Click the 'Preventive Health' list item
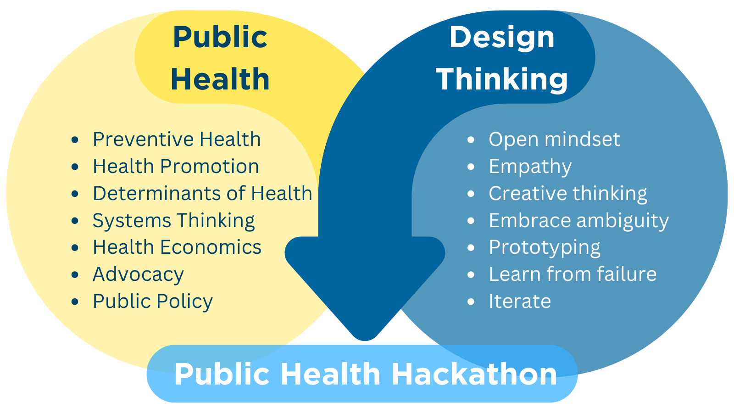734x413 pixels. click(177, 140)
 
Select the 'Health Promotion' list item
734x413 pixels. click(176, 167)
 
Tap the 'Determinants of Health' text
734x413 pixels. click(202, 194)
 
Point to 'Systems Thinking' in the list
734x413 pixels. click(173, 221)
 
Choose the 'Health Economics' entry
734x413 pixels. click(177, 247)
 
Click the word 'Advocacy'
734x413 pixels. click(138, 274)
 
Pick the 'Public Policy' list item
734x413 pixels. click(153, 301)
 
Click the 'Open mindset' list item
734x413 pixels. click(554, 140)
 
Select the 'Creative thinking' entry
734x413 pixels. click(567, 194)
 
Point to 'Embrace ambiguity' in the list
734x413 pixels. click(578, 221)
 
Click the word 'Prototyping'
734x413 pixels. click(544, 248)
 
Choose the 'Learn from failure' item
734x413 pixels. click(573, 274)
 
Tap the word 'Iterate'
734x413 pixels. click(520, 301)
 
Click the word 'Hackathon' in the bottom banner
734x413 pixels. click(474, 374)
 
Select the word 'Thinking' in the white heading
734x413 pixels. click(502, 79)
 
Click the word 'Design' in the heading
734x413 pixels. click(502, 38)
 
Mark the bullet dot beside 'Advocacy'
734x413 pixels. click(76, 275)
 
